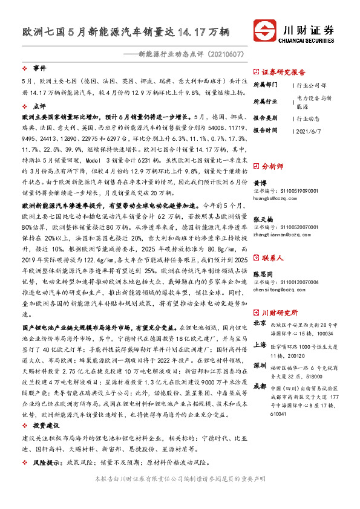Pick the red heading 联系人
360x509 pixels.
(270, 257)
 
